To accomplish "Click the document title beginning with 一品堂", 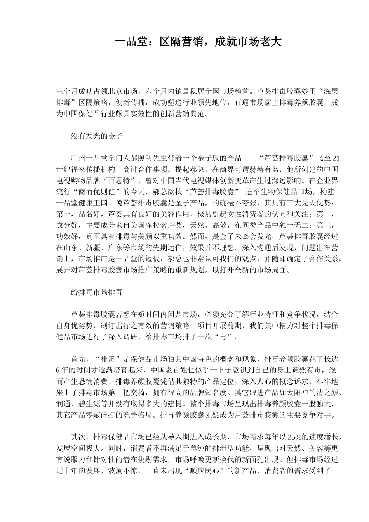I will click(x=198, y=42).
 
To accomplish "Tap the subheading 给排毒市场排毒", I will click(x=97, y=292).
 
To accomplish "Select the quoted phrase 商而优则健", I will click(x=101, y=192).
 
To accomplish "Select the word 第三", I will click(x=324, y=225).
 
